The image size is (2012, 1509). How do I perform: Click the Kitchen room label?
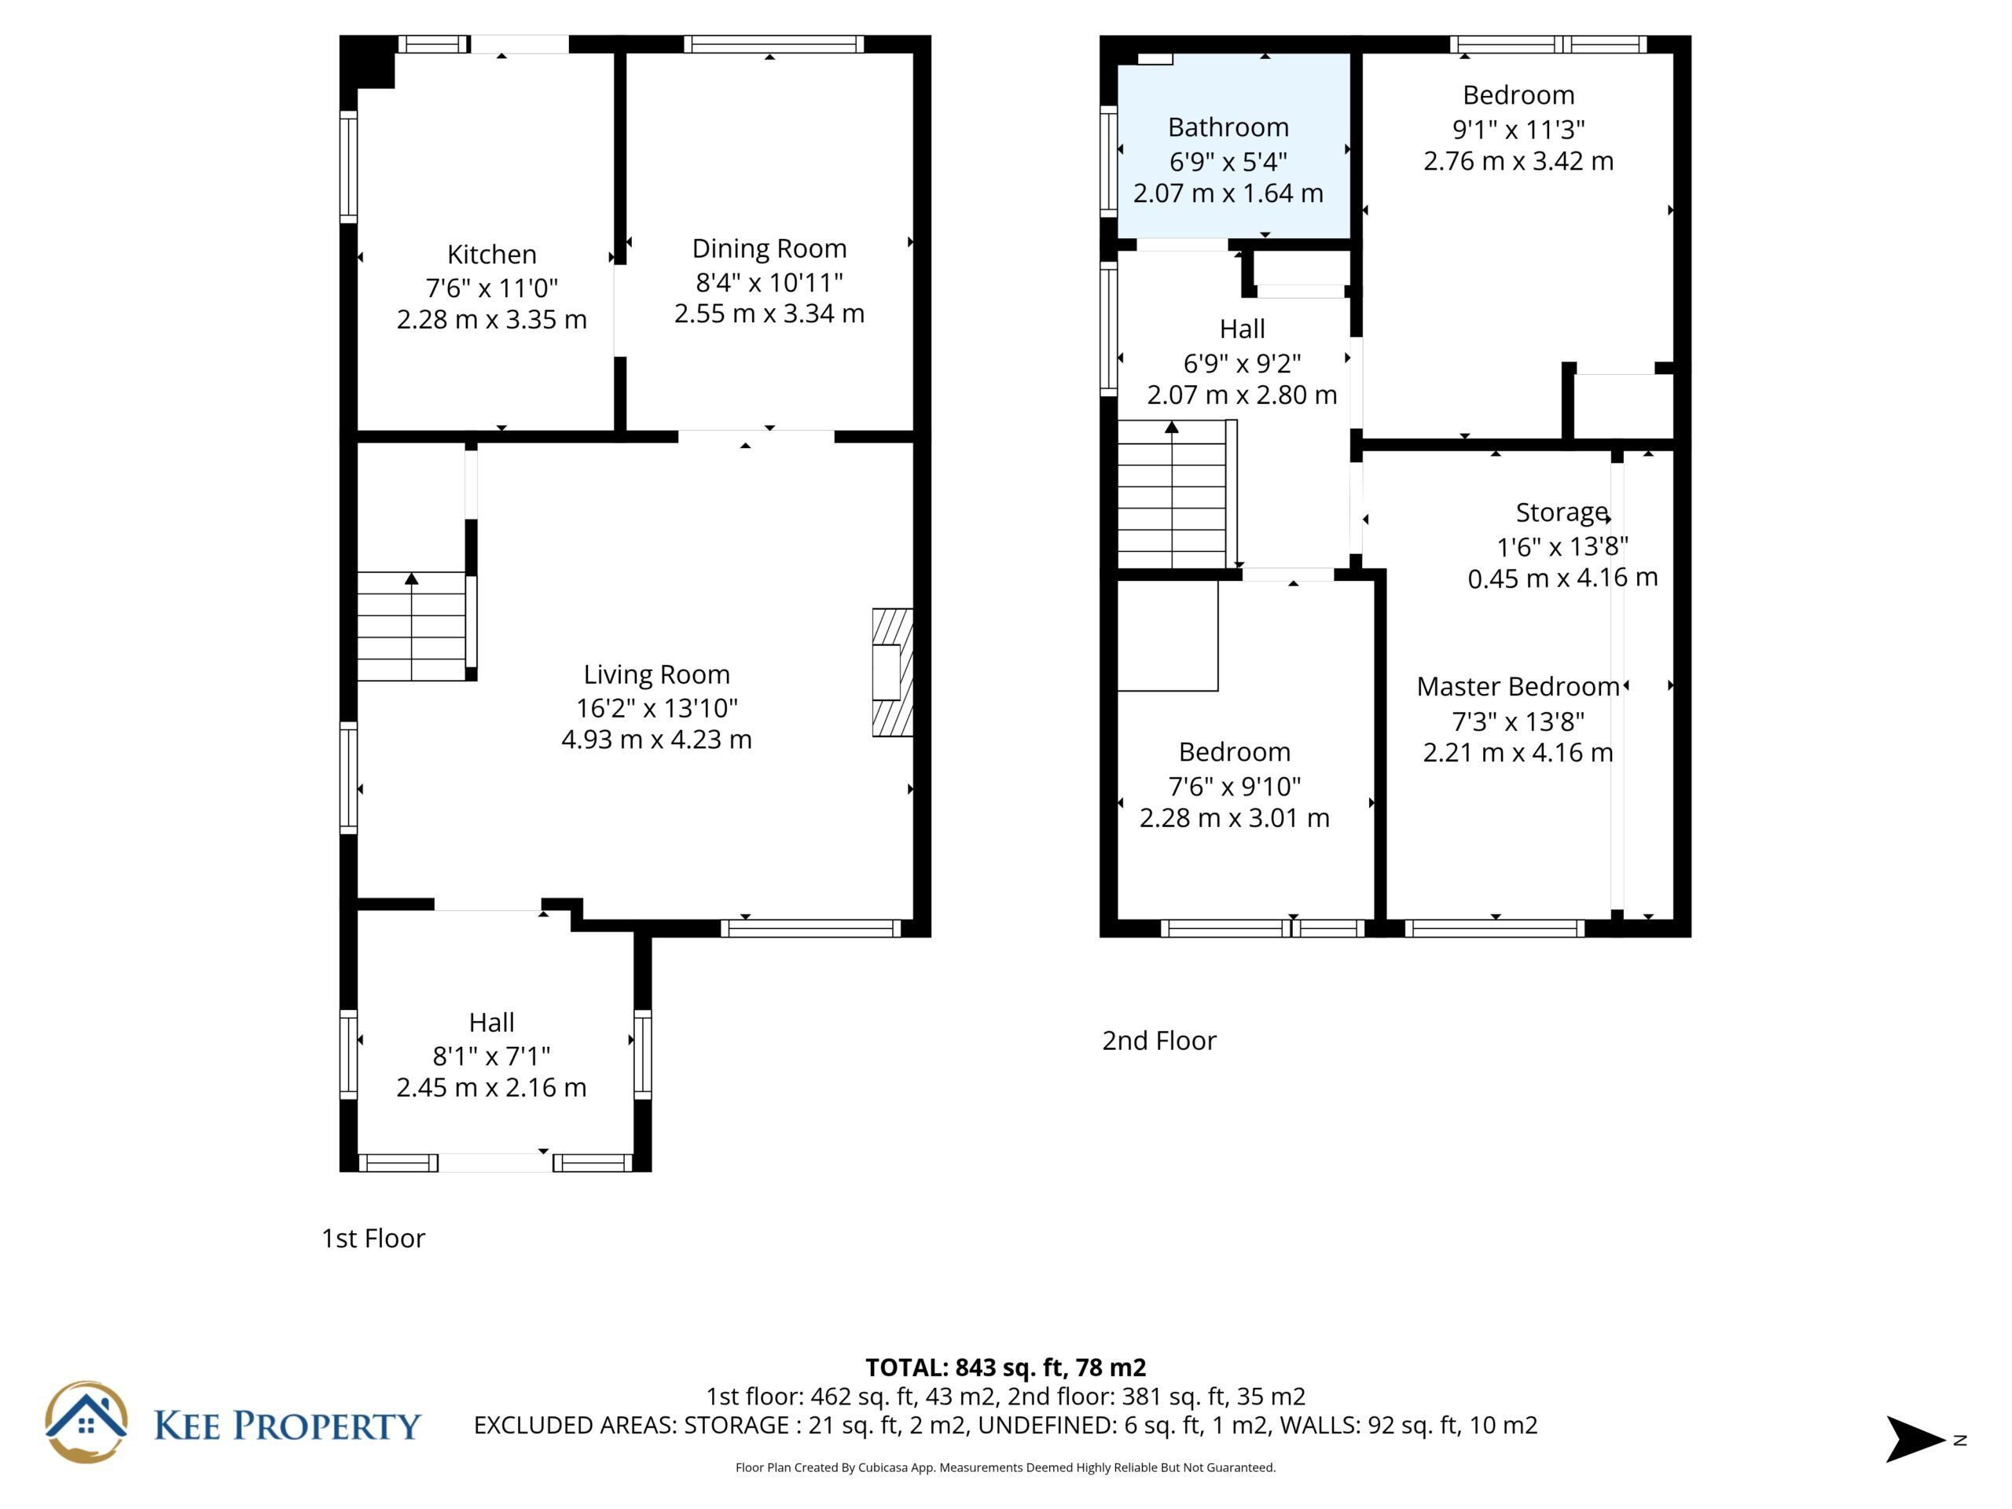[491, 254]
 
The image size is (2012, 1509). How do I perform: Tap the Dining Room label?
[769, 248]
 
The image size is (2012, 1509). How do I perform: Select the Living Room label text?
[657, 675]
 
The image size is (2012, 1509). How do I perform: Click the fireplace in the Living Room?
[892, 672]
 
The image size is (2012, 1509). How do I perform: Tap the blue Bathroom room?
[1233, 146]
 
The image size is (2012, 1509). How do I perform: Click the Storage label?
[1562, 513]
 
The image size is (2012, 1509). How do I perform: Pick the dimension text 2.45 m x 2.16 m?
[491, 1088]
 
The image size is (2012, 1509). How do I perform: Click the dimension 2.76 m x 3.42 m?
[1518, 161]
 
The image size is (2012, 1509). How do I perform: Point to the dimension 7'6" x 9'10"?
[1234, 786]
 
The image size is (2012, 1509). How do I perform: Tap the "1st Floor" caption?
[373, 1239]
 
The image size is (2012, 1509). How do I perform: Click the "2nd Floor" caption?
[1158, 1041]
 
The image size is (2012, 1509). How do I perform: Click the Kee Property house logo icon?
[86, 1423]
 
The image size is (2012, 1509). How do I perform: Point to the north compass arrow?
[1915, 1439]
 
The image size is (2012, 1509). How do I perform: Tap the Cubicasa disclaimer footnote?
[1005, 1467]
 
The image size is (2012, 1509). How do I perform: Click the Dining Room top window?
[773, 44]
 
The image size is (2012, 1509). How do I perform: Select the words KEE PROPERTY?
[288, 1426]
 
